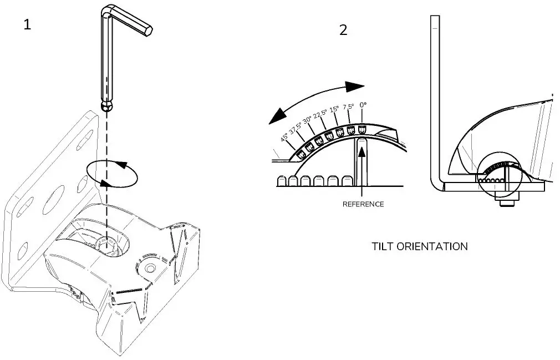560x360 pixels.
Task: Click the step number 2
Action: coord(343,30)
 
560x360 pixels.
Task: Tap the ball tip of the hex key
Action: coord(106,105)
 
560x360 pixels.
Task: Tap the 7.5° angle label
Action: coord(348,107)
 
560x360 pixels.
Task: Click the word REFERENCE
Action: coord(363,204)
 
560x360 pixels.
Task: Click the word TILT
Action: coord(383,246)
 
